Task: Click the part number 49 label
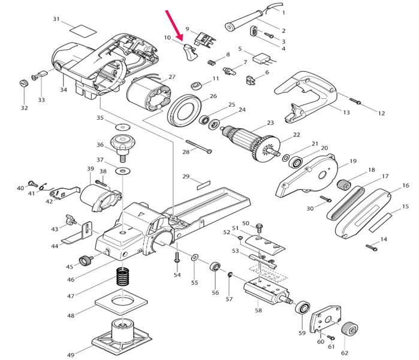(71, 355)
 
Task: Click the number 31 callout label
(56, 19)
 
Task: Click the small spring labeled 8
(212, 63)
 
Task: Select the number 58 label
(258, 310)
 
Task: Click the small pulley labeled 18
(345, 184)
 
